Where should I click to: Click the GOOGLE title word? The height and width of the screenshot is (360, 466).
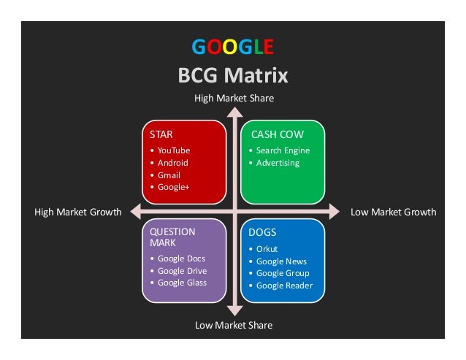(233, 48)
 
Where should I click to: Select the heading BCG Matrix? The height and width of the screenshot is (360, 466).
(233, 75)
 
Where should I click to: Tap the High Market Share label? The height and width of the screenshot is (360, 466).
(233, 97)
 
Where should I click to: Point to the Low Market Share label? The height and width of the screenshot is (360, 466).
(233, 325)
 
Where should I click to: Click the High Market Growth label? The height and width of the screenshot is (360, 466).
(77, 212)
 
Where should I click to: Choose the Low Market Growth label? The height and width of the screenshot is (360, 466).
(393, 212)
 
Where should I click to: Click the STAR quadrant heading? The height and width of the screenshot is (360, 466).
(161, 135)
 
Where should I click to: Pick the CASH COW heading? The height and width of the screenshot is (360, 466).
(277, 135)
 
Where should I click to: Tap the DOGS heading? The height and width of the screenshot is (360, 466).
(263, 233)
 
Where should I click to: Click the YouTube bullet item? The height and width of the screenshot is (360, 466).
(174, 150)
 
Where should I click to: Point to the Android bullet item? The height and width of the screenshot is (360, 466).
(172, 163)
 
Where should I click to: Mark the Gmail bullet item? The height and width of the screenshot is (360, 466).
(169, 175)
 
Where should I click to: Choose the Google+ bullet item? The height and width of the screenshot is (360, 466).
(174, 187)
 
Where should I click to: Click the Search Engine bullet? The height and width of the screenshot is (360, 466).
(283, 150)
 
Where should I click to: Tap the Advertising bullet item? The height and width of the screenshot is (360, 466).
(278, 163)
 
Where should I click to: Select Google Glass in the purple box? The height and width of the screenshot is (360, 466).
(182, 283)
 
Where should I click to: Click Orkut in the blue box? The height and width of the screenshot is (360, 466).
(267, 249)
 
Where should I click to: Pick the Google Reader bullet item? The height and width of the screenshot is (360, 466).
(284, 286)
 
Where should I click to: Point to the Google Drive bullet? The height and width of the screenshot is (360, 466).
(182, 271)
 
